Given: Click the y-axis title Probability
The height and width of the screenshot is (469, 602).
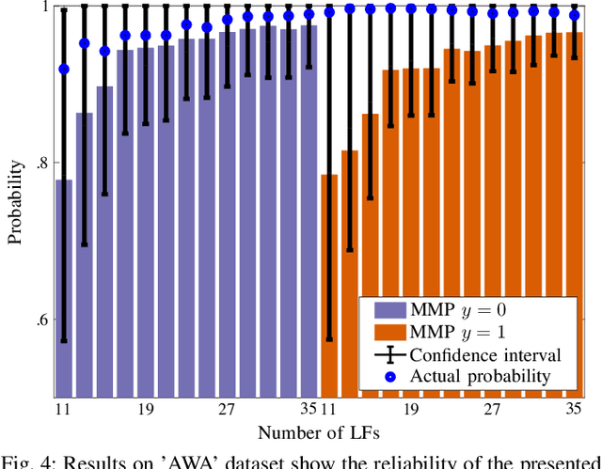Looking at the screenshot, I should (16, 201).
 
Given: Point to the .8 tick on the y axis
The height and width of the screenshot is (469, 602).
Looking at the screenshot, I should (43, 164).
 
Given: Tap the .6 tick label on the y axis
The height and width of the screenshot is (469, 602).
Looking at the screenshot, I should (43, 320).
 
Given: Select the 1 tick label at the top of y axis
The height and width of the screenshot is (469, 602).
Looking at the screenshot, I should (46, 8).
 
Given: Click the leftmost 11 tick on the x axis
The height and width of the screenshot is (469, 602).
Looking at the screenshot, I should (64, 411).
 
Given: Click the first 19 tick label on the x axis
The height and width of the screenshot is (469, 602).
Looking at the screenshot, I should (146, 411).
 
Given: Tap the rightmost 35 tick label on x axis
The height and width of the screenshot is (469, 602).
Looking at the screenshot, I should (574, 411).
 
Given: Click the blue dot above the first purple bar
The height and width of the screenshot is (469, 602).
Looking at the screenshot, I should (64, 70).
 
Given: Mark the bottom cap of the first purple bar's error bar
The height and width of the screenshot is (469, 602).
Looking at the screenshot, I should (64, 341).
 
